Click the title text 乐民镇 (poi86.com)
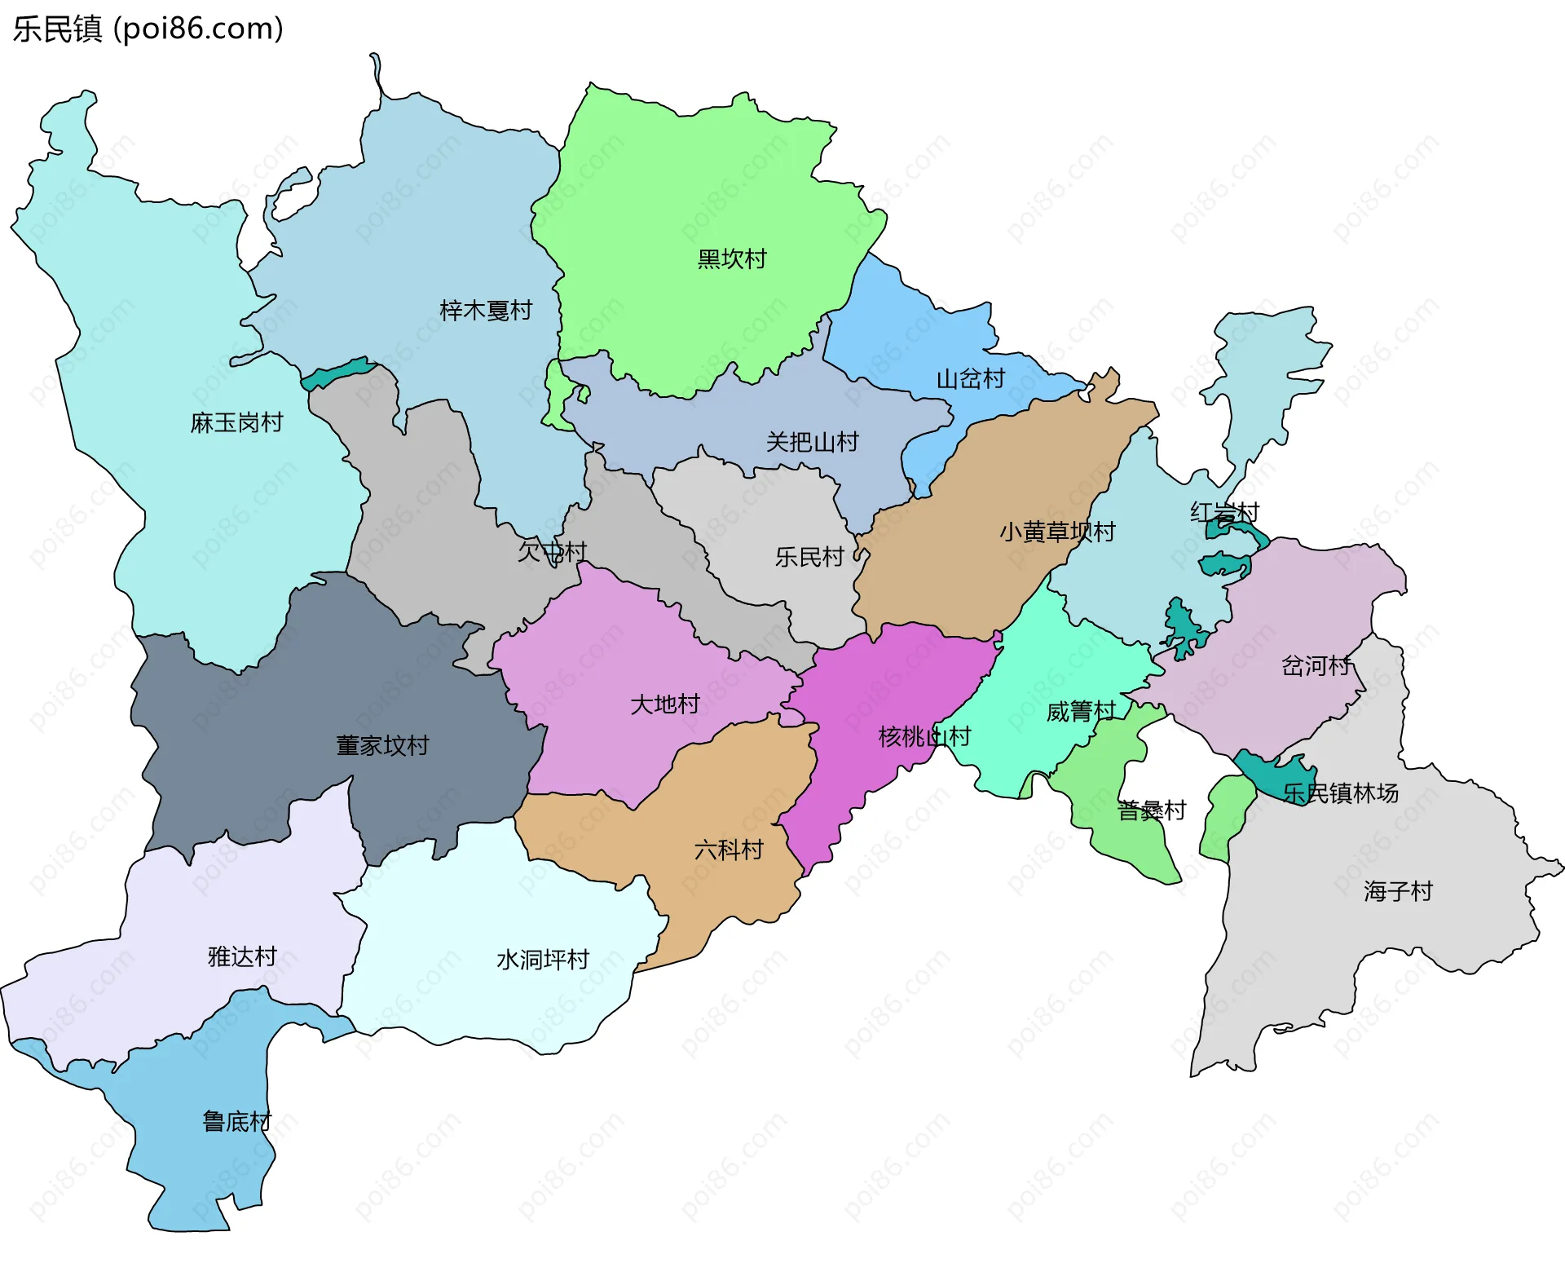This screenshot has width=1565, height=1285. coord(148,29)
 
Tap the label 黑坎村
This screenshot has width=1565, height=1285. coord(731,259)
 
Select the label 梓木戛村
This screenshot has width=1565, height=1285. coord(485,311)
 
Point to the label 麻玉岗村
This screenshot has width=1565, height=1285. coord(236,422)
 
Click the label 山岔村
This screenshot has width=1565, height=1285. coord(970,379)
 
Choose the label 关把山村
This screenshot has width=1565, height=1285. coord(812,442)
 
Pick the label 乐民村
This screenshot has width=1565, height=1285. coord(809,557)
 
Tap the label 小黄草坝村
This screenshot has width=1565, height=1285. coord(1057,532)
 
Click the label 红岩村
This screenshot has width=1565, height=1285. coord(1224,512)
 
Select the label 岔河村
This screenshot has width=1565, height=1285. coord(1316,666)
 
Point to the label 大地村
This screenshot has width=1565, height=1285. coord(664,704)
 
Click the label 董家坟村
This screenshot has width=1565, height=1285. coord(382,745)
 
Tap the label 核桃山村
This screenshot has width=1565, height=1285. coord(924,736)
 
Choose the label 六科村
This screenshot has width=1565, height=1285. coord(728,850)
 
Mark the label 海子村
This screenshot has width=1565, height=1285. coord(1397,890)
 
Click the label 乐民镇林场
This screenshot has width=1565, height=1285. coord(1340,793)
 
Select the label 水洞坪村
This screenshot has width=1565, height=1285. coord(542,959)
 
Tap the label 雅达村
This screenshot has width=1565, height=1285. coord(242,956)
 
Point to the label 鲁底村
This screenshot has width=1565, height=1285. coord(236,1121)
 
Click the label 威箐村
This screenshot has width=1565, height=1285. coord(1080,712)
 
